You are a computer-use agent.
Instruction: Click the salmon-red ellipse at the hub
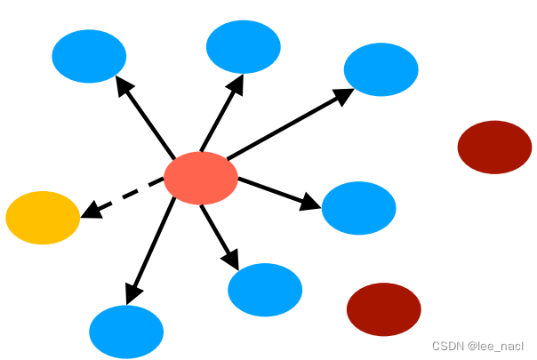click(201, 178)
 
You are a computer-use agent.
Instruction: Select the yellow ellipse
click(43, 218)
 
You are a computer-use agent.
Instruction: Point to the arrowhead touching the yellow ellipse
click(91, 210)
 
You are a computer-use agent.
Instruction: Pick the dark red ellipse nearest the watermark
click(384, 309)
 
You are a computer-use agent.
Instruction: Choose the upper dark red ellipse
click(494, 148)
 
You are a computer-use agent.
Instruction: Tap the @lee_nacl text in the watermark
click(495, 347)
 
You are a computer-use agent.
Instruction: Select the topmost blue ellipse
click(244, 46)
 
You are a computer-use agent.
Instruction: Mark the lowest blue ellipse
click(126, 332)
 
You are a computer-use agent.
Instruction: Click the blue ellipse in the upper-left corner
click(89, 56)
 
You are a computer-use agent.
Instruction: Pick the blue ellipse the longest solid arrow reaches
click(381, 69)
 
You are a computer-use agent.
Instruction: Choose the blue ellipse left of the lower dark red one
click(265, 290)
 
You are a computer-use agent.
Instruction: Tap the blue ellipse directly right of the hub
click(359, 208)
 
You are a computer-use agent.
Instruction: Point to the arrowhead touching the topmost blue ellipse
click(236, 84)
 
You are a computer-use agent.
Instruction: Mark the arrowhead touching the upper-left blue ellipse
click(124, 85)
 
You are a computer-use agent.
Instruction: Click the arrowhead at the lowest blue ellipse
click(132, 293)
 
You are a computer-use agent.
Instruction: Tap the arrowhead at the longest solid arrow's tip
click(343, 96)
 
